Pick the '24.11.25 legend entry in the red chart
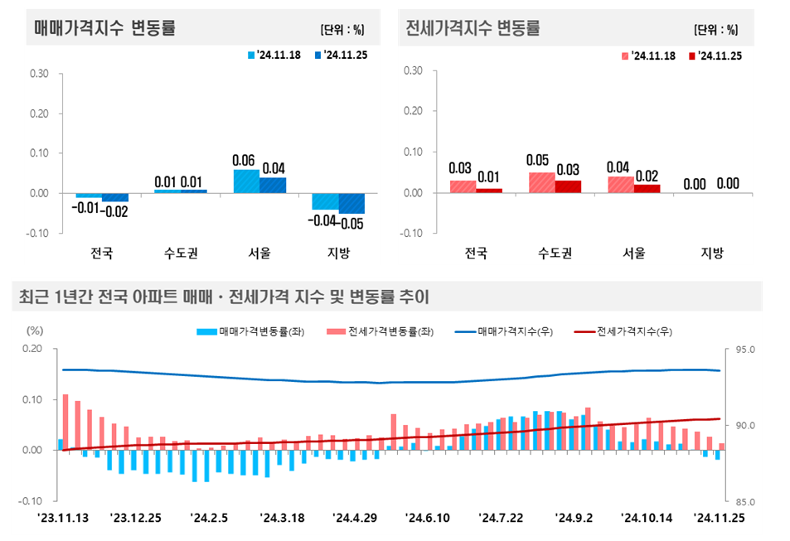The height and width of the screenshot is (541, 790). (x=714, y=56)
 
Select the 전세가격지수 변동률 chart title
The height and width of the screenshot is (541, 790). (x=473, y=27)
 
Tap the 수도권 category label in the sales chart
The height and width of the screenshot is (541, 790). (x=181, y=253)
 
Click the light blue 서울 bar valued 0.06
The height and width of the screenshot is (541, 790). (x=246, y=181)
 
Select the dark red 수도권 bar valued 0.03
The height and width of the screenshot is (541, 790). (x=568, y=186)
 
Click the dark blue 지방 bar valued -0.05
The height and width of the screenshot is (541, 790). (x=351, y=203)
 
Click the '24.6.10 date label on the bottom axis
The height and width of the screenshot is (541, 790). (x=426, y=518)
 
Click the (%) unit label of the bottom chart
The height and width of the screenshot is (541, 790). (x=34, y=330)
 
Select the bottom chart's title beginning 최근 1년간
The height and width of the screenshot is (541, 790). (x=221, y=296)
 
